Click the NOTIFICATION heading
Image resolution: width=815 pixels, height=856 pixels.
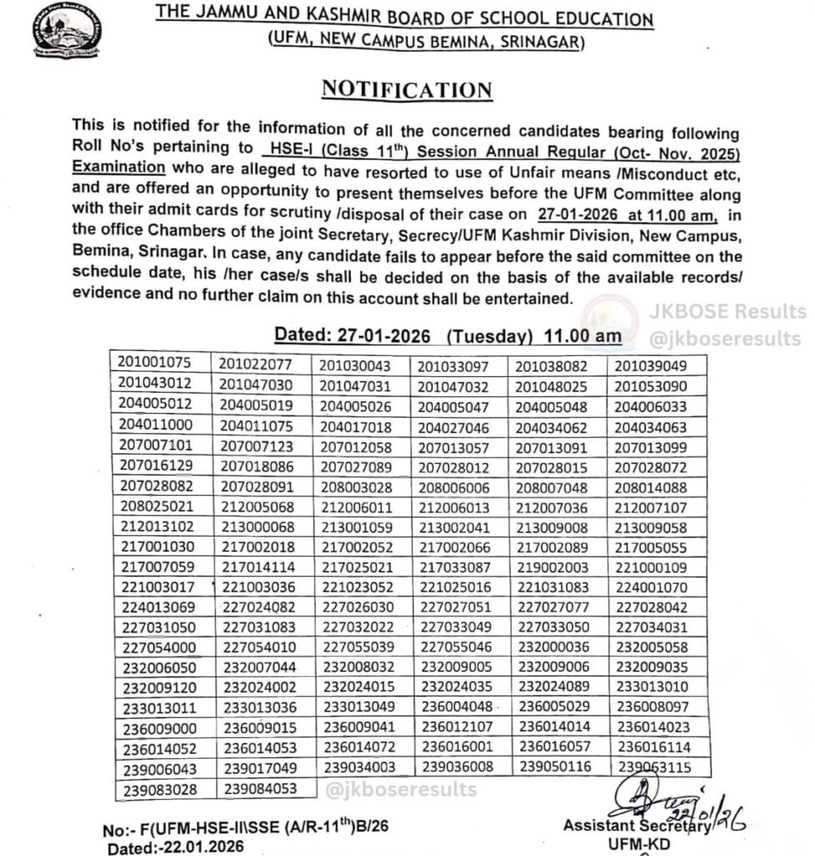407,89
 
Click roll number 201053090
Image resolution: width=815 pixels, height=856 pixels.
651,385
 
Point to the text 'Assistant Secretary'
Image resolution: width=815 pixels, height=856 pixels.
637,826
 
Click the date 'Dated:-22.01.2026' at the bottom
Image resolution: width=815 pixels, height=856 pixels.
176,846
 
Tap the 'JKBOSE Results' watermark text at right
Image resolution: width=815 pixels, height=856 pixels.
727,312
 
